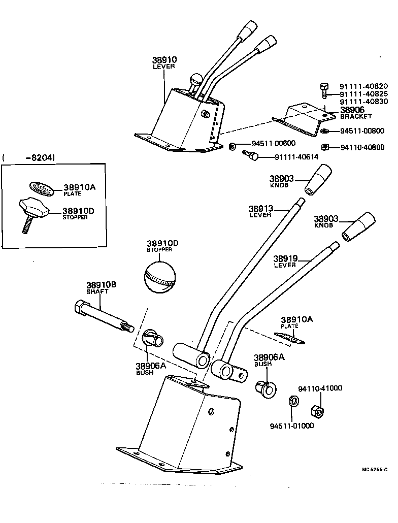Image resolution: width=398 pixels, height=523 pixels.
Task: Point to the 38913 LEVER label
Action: click(261, 211)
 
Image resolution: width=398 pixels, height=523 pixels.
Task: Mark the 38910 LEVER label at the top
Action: click(163, 62)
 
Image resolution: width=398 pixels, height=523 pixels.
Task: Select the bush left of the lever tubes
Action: click(151, 338)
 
